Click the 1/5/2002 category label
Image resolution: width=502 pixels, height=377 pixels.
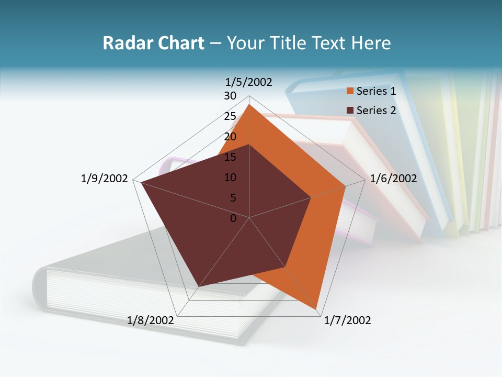(x=249, y=82)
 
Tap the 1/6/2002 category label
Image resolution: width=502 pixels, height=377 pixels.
(x=393, y=179)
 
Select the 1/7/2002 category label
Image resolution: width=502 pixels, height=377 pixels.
(x=347, y=320)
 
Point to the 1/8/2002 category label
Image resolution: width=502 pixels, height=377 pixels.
(x=151, y=320)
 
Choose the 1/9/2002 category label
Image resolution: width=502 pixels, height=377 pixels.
(x=105, y=179)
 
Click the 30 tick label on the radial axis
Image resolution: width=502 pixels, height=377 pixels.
(x=230, y=96)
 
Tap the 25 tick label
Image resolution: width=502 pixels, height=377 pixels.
(x=230, y=116)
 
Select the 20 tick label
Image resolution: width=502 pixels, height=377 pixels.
(x=230, y=137)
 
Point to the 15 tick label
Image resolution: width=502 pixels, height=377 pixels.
(x=230, y=157)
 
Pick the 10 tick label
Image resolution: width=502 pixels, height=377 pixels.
(x=230, y=178)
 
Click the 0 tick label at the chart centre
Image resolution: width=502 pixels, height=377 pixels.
(x=233, y=218)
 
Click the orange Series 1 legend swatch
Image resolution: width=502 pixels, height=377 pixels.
(x=350, y=91)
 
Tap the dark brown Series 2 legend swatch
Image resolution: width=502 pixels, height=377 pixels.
(x=350, y=110)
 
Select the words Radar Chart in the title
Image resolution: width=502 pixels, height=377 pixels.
(x=153, y=43)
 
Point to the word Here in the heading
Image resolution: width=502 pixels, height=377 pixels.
(x=371, y=43)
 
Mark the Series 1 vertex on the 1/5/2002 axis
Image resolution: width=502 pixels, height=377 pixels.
(x=249, y=105)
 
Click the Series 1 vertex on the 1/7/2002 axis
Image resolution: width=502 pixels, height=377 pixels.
(x=316, y=309)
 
